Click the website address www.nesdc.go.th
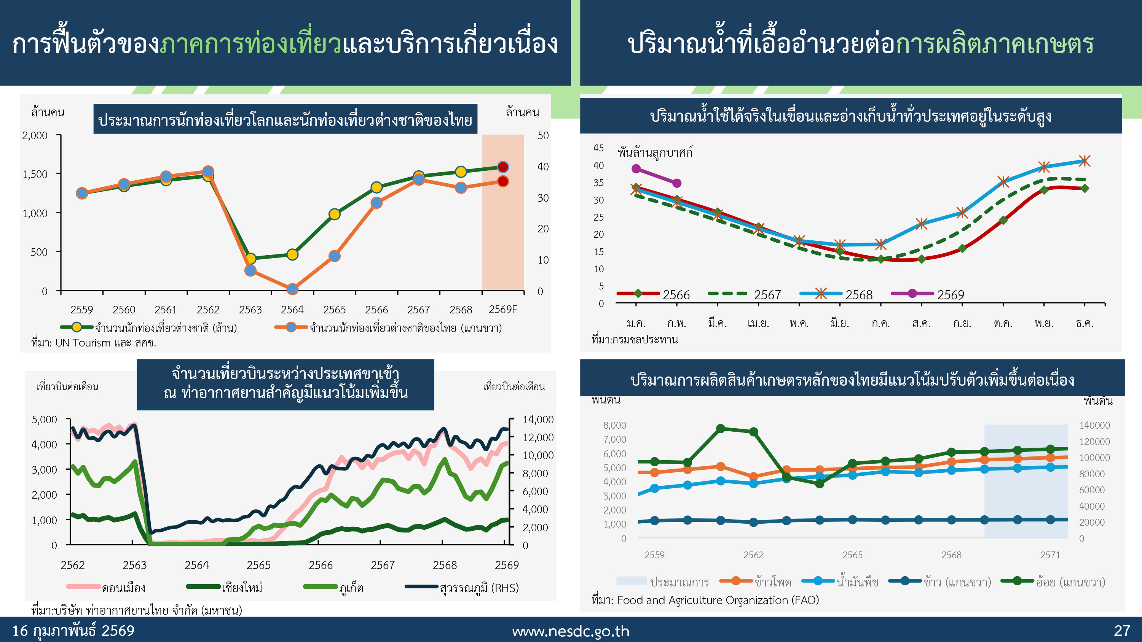(x=571, y=631)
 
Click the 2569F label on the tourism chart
(x=503, y=309)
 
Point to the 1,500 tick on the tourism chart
(x=35, y=174)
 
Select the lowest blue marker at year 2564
(x=292, y=289)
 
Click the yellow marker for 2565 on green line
(x=334, y=215)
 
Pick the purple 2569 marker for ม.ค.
(x=636, y=169)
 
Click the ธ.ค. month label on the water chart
(x=1085, y=323)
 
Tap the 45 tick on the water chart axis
(x=598, y=148)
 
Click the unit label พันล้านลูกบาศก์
(x=655, y=153)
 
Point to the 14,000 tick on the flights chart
(x=538, y=420)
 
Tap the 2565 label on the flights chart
(x=258, y=565)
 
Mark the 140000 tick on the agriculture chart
(x=1094, y=425)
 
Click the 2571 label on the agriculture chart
(x=1050, y=555)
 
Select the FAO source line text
(x=705, y=600)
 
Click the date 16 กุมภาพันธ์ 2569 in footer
(x=73, y=631)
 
